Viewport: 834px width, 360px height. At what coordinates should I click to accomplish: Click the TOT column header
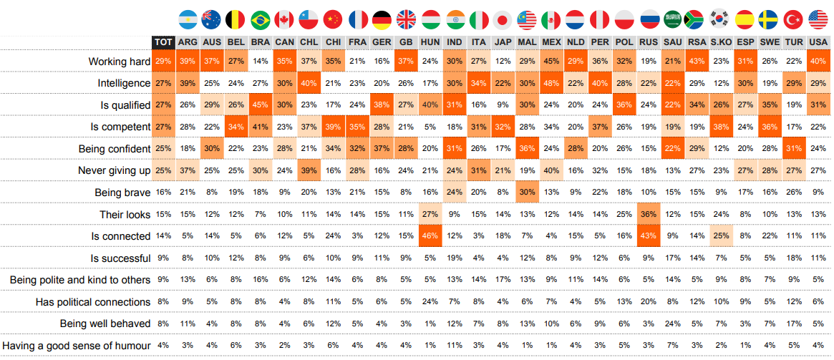pyautogui.click(x=163, y=43)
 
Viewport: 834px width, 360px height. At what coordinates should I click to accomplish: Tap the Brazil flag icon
pyautogui.click(x=261, y=19)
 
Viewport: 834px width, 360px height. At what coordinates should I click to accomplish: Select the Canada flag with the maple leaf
pyautogui.click(x=284, y=19)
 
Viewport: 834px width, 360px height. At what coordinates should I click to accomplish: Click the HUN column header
pyautogui.click(x=430, y=43)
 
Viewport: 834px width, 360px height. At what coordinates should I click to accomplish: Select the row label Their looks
pyautogui.click(x=125, y=215)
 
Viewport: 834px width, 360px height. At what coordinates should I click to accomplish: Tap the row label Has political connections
pyautogui.click(x=93, y=302)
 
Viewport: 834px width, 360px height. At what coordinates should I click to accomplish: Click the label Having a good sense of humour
pyautogui.click(x=77, y=346)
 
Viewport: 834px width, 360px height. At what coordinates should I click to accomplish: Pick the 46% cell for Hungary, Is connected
pyautogui.click(x=430, y=236)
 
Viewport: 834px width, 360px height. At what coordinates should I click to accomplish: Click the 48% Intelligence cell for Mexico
pyautogui.click(x=552, y=84)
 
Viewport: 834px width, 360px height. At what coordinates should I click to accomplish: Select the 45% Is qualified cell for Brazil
pyautogui.click(x=261, y=105)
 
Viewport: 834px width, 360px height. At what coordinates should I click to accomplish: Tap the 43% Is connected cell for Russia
pyautogui.click(x=649, y=236)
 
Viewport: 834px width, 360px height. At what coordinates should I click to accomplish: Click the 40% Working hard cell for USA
pyautogui.click(x=817, y=62)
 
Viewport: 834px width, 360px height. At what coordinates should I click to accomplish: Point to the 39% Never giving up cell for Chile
pyautogui.click(x=309, y=171)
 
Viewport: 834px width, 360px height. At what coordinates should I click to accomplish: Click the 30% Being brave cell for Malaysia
pyautogui.click(x=528, y=193)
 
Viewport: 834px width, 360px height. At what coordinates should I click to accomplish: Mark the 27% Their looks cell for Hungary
pyautogui.click(x=430, y=215)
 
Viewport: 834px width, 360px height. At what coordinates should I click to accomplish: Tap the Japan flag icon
pyautogui.click(x=503, y=19)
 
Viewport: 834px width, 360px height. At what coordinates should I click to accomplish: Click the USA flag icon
pyautogui.click(x=817, y=19)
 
